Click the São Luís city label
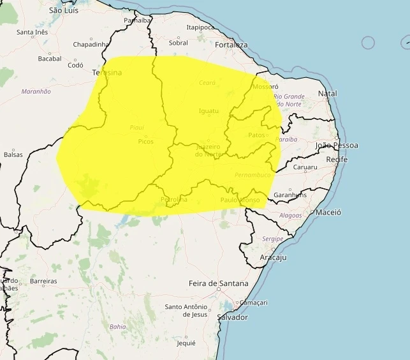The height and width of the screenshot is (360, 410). click(x=64, y=11)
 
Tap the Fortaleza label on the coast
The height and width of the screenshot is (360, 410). click(x=231, y=45)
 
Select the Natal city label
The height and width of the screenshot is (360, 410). click(x=327, y=93)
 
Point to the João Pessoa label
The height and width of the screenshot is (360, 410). click(x=337, y=146)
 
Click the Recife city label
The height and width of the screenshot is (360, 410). click(x=336, y=159)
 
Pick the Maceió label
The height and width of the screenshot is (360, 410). click(x=328, y=212)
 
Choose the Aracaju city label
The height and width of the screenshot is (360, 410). click(x=273, y=257)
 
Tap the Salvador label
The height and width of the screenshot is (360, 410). click(x=232, y=317)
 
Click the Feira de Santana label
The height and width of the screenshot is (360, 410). click(x=218, y=283)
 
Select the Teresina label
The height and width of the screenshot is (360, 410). click(x=106, y=73)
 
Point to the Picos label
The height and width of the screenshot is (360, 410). click(x=145, y=141)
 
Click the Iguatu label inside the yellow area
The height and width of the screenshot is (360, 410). click(x=209, y=111)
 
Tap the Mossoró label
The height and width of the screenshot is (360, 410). click(x=265, y=86)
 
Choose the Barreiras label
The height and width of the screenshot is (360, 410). click(x=43, y=281)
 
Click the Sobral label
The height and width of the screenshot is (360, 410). click(x=179, y=43)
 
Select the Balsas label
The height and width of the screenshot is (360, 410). click(x=13, y=154)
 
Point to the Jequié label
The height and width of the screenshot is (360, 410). click(x=186, y=343)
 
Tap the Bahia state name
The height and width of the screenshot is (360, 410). click(x=118, y=326)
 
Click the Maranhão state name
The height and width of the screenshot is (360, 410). click(x=36, y=91)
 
